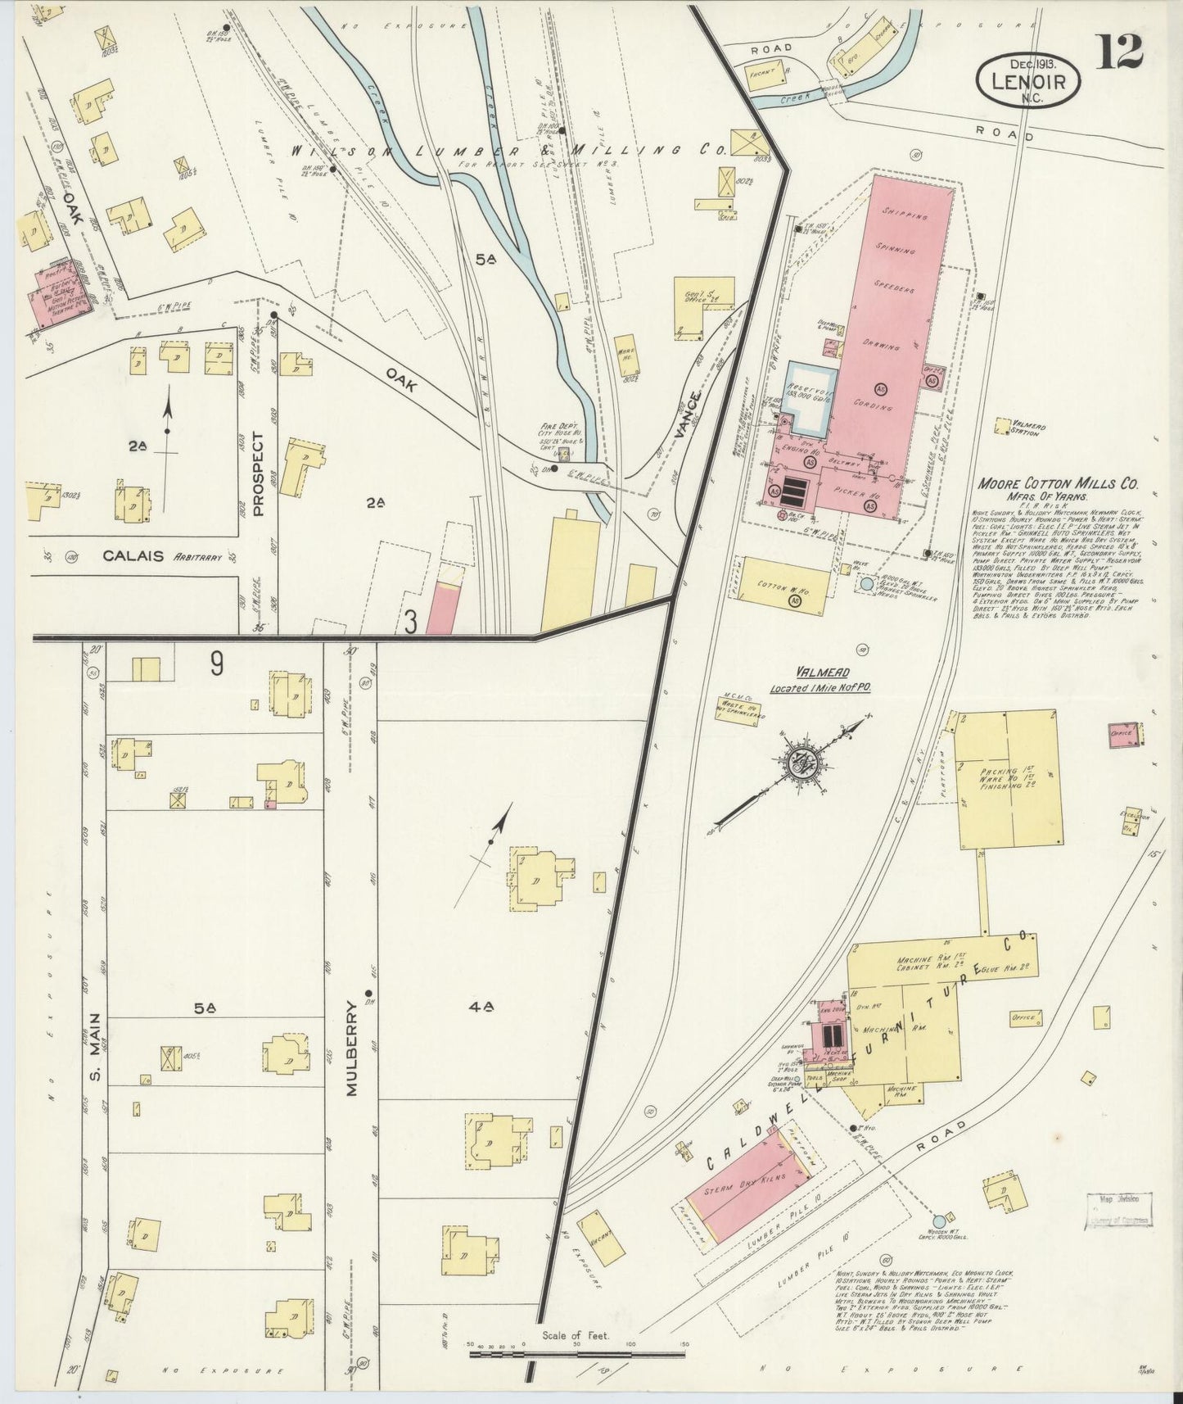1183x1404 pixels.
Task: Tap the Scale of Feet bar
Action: point(578,1348)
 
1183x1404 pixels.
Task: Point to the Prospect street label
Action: point(260,474)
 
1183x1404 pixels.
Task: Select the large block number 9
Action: point(215,664)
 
